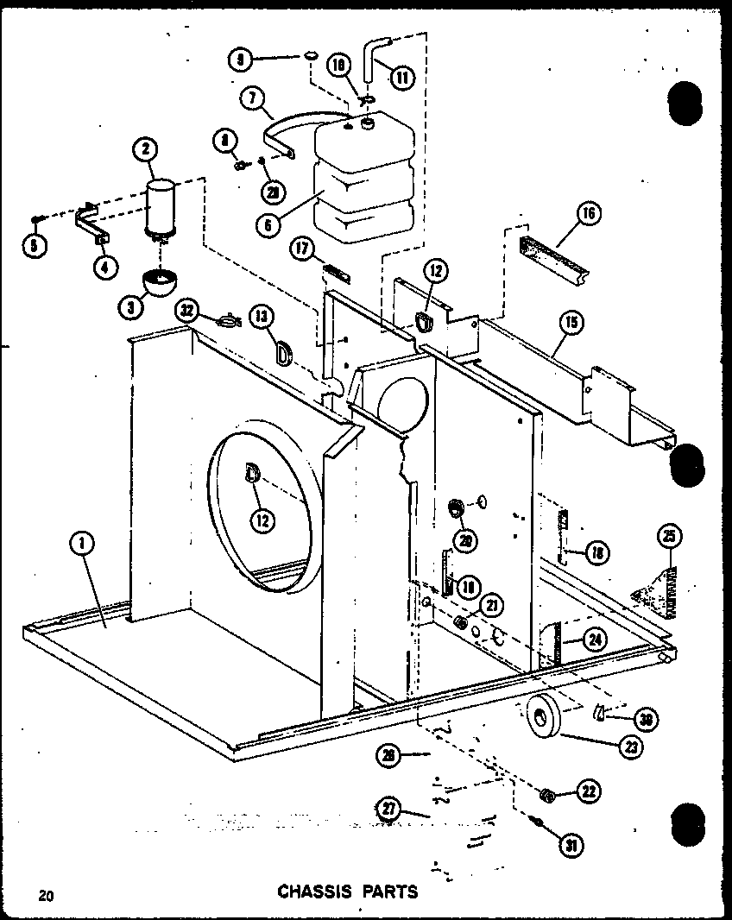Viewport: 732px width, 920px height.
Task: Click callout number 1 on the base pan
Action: click(84, 545)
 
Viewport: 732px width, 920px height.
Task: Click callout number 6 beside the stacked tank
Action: click(253, 98)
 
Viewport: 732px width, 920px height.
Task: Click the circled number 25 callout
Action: click(667, 537)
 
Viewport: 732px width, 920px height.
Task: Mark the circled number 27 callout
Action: click(390, 810)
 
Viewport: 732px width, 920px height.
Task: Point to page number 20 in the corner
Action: click(45, 895)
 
